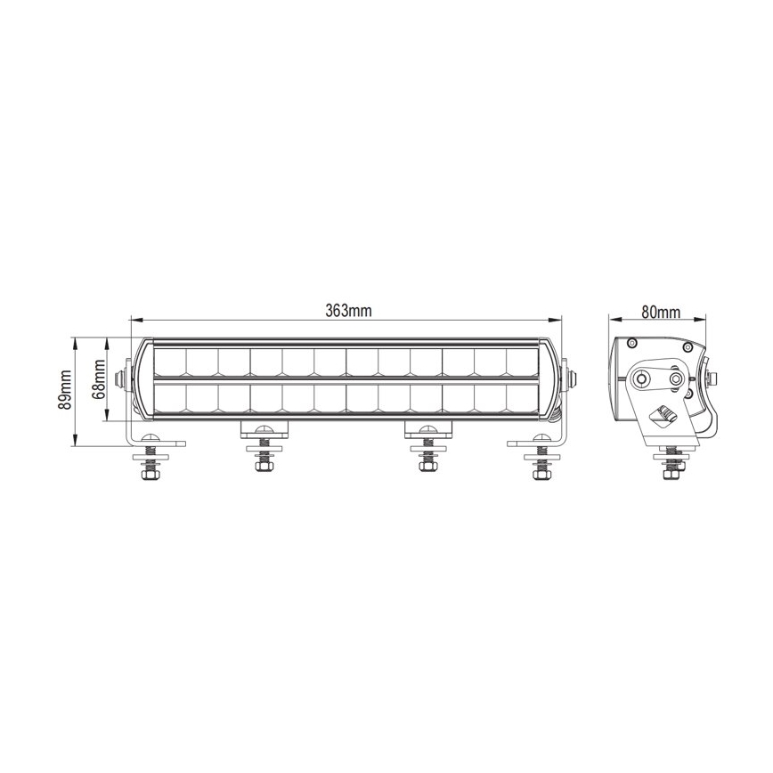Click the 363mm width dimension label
point(347,310)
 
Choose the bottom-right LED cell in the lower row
point(524,398)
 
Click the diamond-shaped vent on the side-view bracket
point(664,413)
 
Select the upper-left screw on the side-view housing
point(631,344)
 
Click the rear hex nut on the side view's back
point(708,378)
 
